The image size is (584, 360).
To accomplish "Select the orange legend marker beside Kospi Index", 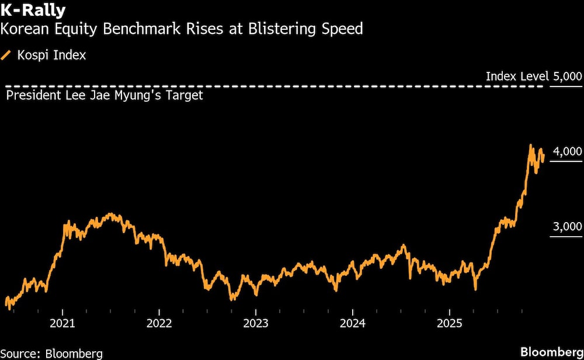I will [x=7, y=56].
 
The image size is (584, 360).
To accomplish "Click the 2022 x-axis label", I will [x=159, y=323].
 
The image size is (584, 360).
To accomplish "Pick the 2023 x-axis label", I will [x=256, y=323].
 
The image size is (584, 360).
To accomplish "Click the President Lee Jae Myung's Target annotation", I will [x=105, y=95].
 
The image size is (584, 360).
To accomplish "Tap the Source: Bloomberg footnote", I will [x=52, y=353].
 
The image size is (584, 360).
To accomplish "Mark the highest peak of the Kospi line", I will [x=530, y=145].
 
